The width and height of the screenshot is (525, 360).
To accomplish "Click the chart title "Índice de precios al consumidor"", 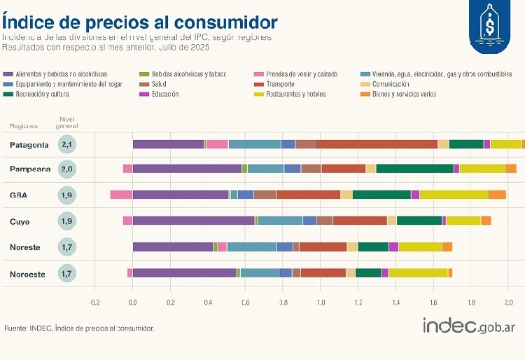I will click(139, 21).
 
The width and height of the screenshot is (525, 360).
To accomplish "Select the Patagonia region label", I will click(29, 145).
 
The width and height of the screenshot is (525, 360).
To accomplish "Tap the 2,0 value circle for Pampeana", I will click(67, 169).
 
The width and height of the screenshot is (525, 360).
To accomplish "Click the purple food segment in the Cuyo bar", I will click(193, 221).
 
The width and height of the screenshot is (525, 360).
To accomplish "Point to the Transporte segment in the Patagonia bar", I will click(377, 144).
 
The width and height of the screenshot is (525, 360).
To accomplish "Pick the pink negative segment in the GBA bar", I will click(121, 195).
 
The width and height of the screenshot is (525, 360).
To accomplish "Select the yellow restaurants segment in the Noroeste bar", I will click(418, 273).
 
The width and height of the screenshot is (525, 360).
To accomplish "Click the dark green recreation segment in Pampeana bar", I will click(414, 169).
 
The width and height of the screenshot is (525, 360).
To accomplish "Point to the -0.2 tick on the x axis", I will click(94, 303).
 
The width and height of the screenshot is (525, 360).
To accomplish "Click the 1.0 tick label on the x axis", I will click(321, 303).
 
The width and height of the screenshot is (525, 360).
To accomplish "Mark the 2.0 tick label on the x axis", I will click(509, 303).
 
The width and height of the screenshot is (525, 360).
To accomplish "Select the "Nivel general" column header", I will click(67, 123).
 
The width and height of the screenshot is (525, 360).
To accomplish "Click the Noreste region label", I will click(25, 247).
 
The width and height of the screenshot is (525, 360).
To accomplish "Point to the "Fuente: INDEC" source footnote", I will click(79, 328).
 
